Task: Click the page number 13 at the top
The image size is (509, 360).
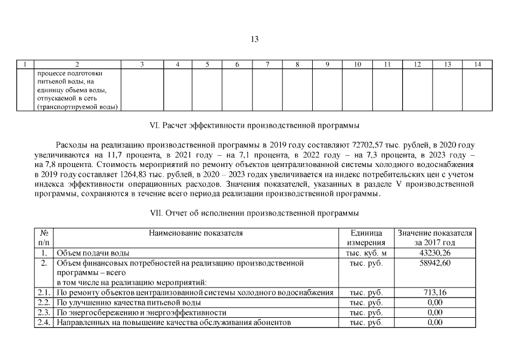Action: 254,39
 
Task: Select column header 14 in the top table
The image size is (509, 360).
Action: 477,65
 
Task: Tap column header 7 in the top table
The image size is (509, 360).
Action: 267,65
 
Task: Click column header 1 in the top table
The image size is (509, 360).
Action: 24,65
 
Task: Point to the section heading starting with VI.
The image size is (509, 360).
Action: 254,124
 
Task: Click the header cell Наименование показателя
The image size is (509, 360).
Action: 196,233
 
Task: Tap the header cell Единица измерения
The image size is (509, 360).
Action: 366,237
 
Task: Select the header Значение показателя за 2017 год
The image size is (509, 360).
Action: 435,237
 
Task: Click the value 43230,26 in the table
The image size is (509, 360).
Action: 435,253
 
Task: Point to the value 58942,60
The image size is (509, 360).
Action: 435,263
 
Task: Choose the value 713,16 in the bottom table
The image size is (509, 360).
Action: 435,292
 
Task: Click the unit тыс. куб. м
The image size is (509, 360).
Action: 366,253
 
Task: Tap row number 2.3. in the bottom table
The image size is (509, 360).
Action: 43,313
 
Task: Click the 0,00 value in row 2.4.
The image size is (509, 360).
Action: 435,322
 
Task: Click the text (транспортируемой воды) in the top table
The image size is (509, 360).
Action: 77,106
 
